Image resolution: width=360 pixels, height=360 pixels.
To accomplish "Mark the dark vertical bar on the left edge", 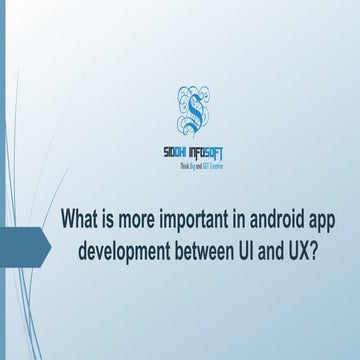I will pyautogui.click(x=2, y=180).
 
